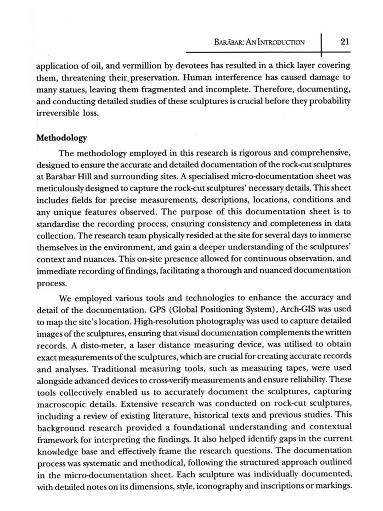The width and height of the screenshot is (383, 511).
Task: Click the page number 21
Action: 344,42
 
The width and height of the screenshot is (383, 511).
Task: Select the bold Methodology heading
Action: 62,138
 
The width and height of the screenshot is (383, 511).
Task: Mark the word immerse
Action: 336,235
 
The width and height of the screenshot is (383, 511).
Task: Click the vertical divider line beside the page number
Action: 321,45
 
